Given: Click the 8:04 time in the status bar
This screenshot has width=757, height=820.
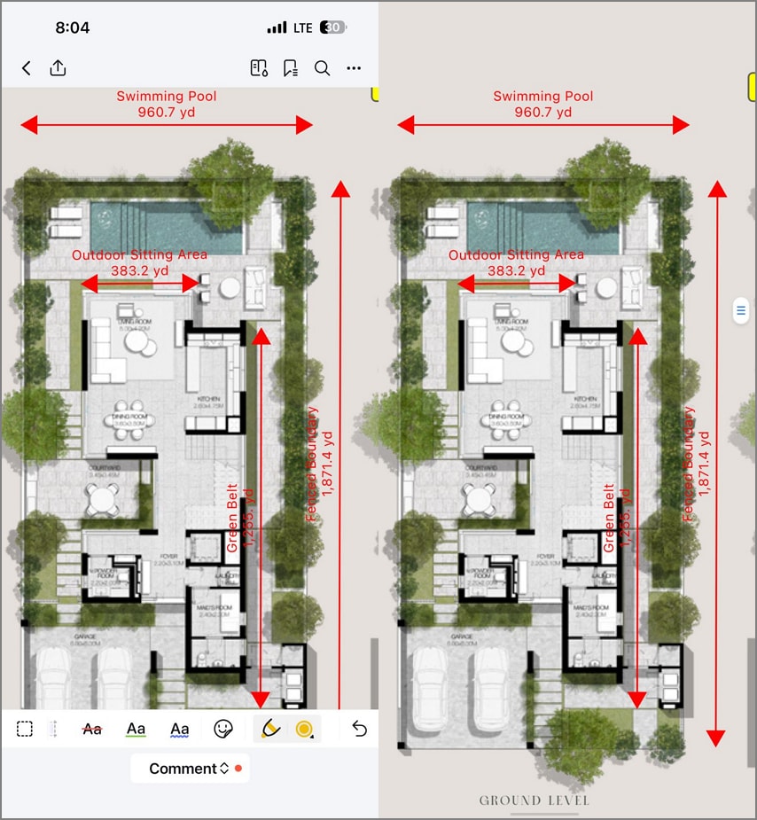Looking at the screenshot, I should point(72,27).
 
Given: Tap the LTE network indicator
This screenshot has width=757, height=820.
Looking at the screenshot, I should point(303,28).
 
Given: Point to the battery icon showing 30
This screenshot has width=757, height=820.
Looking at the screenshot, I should point(333,28).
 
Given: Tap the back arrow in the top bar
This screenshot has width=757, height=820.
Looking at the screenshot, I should point(27,68).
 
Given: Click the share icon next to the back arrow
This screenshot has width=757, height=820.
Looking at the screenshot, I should point(58,68).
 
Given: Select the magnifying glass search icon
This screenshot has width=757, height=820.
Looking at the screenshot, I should point(323,68).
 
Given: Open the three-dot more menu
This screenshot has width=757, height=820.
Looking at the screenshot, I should point(354,68).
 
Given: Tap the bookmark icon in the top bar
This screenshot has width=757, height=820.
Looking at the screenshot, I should point(290,68).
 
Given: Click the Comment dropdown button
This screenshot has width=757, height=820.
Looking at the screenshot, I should point(189,769).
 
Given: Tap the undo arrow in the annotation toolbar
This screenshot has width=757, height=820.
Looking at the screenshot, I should point(359,729).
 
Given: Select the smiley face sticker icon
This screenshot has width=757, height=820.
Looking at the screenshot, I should point(223,729).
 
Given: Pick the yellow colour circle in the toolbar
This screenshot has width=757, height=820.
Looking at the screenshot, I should point(304,729).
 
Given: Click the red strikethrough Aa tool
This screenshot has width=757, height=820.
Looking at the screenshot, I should point(92,729).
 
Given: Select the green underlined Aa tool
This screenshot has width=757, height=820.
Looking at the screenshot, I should point(136,729).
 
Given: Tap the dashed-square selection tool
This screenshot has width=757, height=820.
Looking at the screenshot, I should point(25,729).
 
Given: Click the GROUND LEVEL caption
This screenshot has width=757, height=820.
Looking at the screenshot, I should point(535,800).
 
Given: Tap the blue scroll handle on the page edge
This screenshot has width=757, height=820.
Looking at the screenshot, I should point(741,310).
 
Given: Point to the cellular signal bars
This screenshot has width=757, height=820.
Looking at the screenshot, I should point(277,28).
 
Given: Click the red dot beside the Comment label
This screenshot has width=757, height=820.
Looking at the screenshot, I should point(238,769).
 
